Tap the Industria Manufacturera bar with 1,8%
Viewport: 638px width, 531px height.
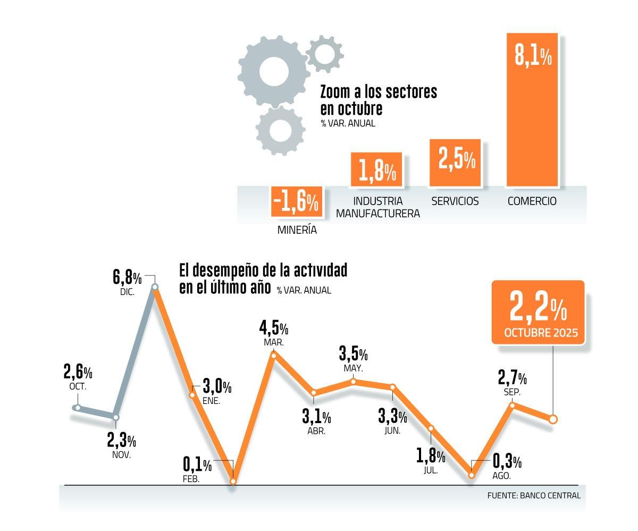click(x=376, y=170)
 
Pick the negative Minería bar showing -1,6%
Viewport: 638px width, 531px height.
click(x=297, y=201)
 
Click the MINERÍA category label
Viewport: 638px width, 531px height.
click(x=297, y=231)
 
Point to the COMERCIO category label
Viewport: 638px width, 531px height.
click(x=532, y=201)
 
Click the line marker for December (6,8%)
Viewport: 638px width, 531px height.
click(x=155, y=288)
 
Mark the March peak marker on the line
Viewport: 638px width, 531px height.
click(x=274, y=355)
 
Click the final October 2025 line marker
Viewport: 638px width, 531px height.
click(x=553, y=419)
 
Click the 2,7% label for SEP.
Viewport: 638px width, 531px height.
click(x=513, y=378)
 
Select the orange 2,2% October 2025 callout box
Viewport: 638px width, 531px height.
click(x=538, y=313)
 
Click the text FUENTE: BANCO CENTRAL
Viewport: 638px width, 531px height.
click(x=534, y=495)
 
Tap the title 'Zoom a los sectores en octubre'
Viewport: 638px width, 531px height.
click(x=378, y=100)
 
